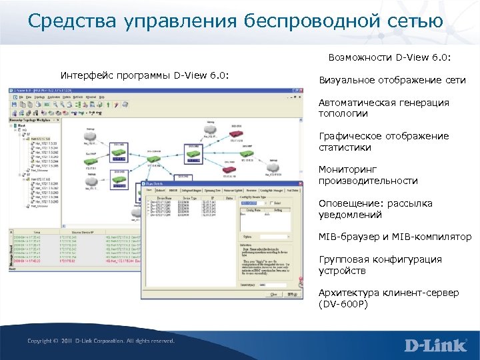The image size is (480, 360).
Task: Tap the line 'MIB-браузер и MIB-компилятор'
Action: (395, 237)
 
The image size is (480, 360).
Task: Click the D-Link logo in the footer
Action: (436, 345)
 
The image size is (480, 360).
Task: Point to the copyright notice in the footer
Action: (101, 341)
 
